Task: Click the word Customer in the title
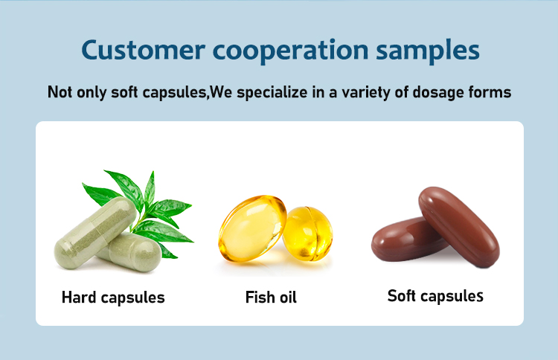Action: click(143, 50)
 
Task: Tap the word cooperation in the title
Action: click(290, 51)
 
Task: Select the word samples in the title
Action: click(428, 51)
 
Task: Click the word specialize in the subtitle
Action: click(272, 92)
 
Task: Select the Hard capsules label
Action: click(113, 298)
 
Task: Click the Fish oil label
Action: click(271, 298)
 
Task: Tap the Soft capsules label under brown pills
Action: click(435, 296)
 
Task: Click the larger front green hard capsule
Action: click(94, 232)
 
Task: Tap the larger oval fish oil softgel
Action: click(252, 228)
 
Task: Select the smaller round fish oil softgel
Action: click(308, 234)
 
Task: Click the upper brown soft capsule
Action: click(459, 226)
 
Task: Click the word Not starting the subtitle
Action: click(60, 91)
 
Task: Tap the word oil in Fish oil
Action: click(288, 298)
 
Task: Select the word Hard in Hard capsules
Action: click(79, 298)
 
